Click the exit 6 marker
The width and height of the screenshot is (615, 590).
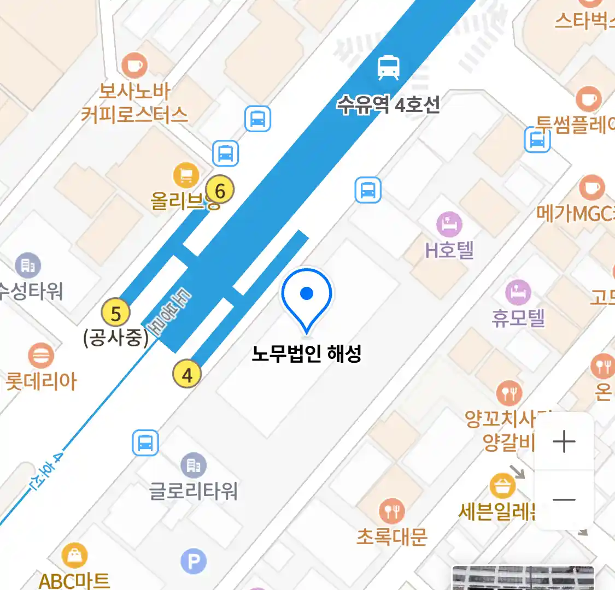coord(220,191)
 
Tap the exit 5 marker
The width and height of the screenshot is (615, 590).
coord(116,314)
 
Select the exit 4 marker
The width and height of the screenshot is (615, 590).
coord(187,375)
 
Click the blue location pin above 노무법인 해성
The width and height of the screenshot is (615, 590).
coord(307,297)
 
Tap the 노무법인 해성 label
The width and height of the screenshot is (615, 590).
coord(307,354)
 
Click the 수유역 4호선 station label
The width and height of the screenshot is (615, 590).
coord(388,104)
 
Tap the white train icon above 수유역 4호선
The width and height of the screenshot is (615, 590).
coord(389,67)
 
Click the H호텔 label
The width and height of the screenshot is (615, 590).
coord(449,250)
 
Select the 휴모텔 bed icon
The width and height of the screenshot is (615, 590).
coord(518,292)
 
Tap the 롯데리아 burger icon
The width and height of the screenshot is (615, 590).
coord(41,356)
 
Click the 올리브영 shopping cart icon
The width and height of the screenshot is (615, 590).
coord(186,175)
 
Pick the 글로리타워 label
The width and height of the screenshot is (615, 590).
coord(194,491)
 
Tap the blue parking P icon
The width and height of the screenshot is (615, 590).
coord(194,561)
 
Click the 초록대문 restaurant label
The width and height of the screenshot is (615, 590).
coord(391,536)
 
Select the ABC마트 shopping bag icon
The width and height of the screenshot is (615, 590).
coord(74,556)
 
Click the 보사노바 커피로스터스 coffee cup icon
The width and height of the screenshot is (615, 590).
coord(134,66)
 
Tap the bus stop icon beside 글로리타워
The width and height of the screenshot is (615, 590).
coord(145,442)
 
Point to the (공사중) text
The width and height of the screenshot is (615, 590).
coord(116,338)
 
